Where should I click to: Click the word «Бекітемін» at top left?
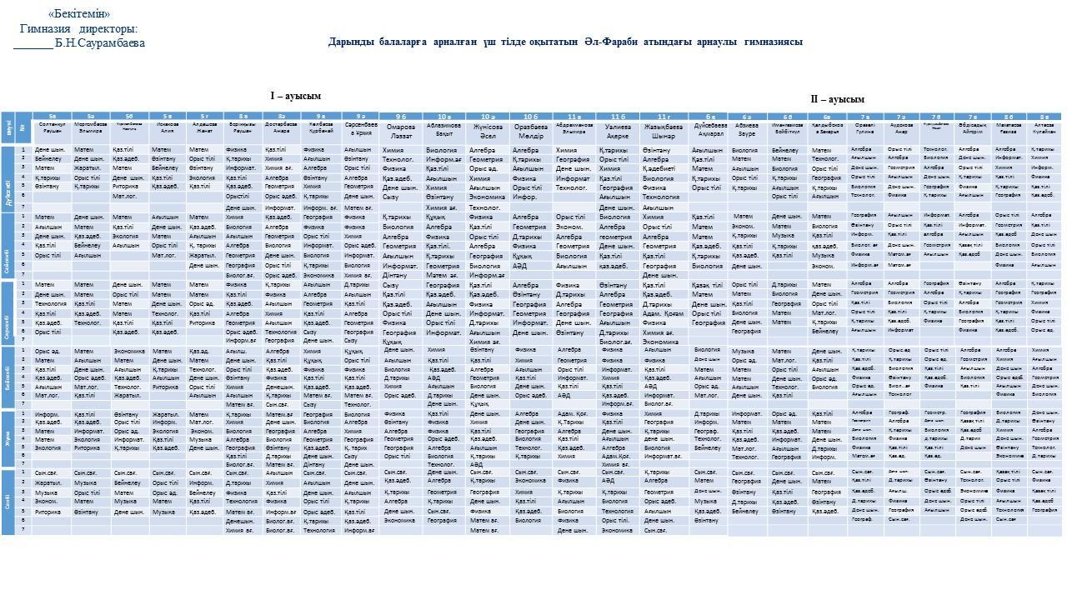click(79, 14)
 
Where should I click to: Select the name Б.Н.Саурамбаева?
click(99, 43)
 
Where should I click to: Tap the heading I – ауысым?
click(295, 97)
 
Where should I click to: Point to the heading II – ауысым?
click(838, 99)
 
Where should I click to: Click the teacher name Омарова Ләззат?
click(400, 131)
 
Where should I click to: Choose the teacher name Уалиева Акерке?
click(618, 131)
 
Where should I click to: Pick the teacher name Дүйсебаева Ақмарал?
click(709, 131)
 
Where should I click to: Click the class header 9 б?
click(400, 116)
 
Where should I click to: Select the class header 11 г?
click(663, 116)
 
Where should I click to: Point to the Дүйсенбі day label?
click(8, 178)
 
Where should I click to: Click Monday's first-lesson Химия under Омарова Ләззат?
click(393, 150)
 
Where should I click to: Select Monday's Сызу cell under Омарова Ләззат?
click(391, 197)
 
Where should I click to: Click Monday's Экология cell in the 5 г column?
click(202, 177)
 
